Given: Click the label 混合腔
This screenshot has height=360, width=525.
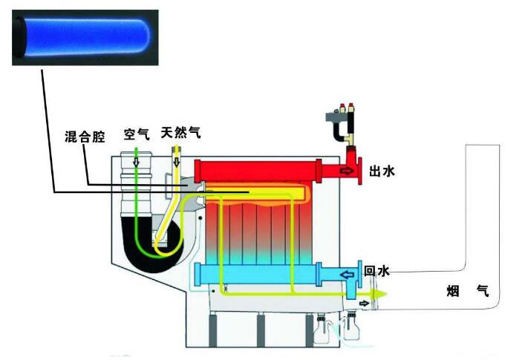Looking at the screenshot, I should click(x=85, y=137).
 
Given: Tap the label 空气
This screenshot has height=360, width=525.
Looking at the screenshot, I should click(x=137, y=134).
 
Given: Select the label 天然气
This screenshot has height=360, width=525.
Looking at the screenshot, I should click(x=183, y=133).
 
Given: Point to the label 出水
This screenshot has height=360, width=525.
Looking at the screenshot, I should click(x=381, y=171).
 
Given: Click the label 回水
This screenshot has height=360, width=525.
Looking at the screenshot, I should click(x=376, y=272).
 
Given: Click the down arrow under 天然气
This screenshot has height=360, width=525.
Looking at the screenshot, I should click(x=177, y=157).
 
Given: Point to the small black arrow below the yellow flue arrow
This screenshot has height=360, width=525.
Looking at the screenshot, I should click(x=363, y=304).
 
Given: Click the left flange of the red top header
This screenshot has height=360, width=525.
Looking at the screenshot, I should click(x=197, y=170).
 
